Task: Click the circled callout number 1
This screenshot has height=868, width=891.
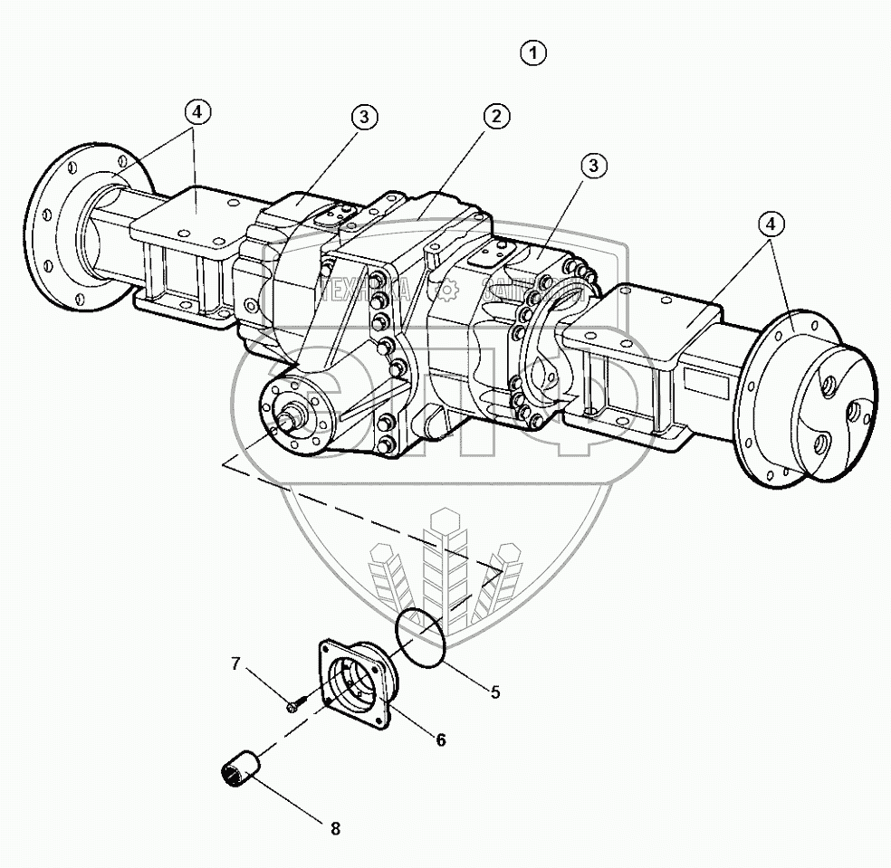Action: pos(534,53)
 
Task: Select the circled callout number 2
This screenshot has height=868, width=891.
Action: pos(496,116)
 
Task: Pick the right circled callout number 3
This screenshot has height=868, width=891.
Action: pos(593,166)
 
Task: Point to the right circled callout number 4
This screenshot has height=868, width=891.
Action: pos(771,224)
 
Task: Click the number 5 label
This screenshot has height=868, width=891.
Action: pos(494,692)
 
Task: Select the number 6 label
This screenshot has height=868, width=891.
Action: pos(440,739)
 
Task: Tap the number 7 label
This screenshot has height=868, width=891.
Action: pos(235,664)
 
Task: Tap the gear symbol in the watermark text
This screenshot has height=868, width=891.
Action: pos(445,291)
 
